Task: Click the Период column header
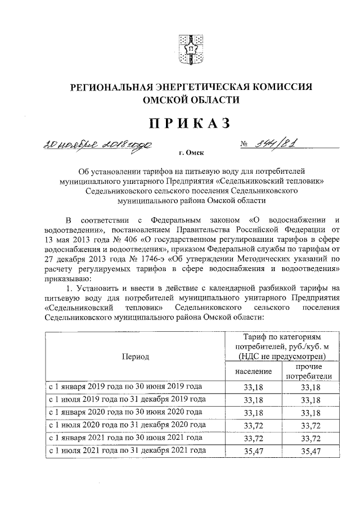tap(134, 357)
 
